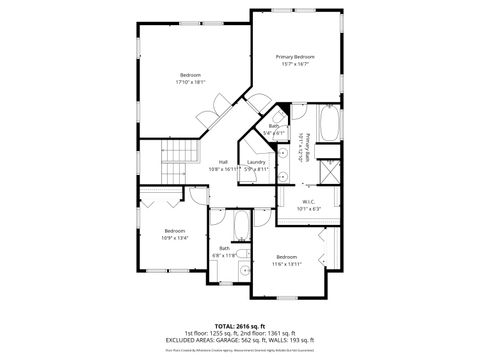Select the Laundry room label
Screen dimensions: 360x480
tap(256, 162)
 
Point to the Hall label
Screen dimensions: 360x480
tap(223, 162)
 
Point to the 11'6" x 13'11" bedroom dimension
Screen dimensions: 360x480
tap(288, 263)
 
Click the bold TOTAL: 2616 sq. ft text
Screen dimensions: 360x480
tap(239, 325)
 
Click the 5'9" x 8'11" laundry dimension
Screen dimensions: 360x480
tap(257, 169)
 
